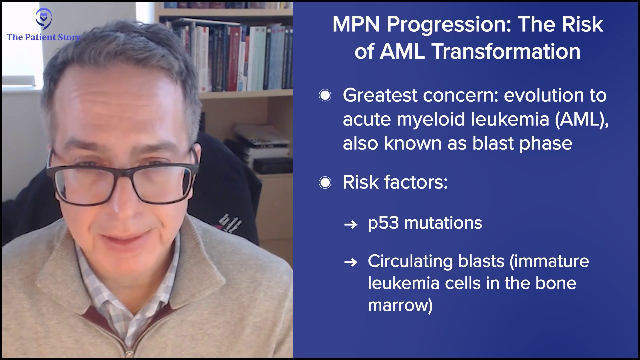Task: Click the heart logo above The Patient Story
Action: point(44,19)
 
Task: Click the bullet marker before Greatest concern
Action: point(325,96)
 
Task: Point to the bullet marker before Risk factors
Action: point(325,182)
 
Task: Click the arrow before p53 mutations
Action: point(351,224)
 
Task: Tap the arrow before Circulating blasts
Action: point(351,262)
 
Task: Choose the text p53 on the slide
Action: point(383,223)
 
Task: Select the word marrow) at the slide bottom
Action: point(400,306)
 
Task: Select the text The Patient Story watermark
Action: point(44,37)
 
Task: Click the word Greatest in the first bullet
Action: point(380,95)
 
